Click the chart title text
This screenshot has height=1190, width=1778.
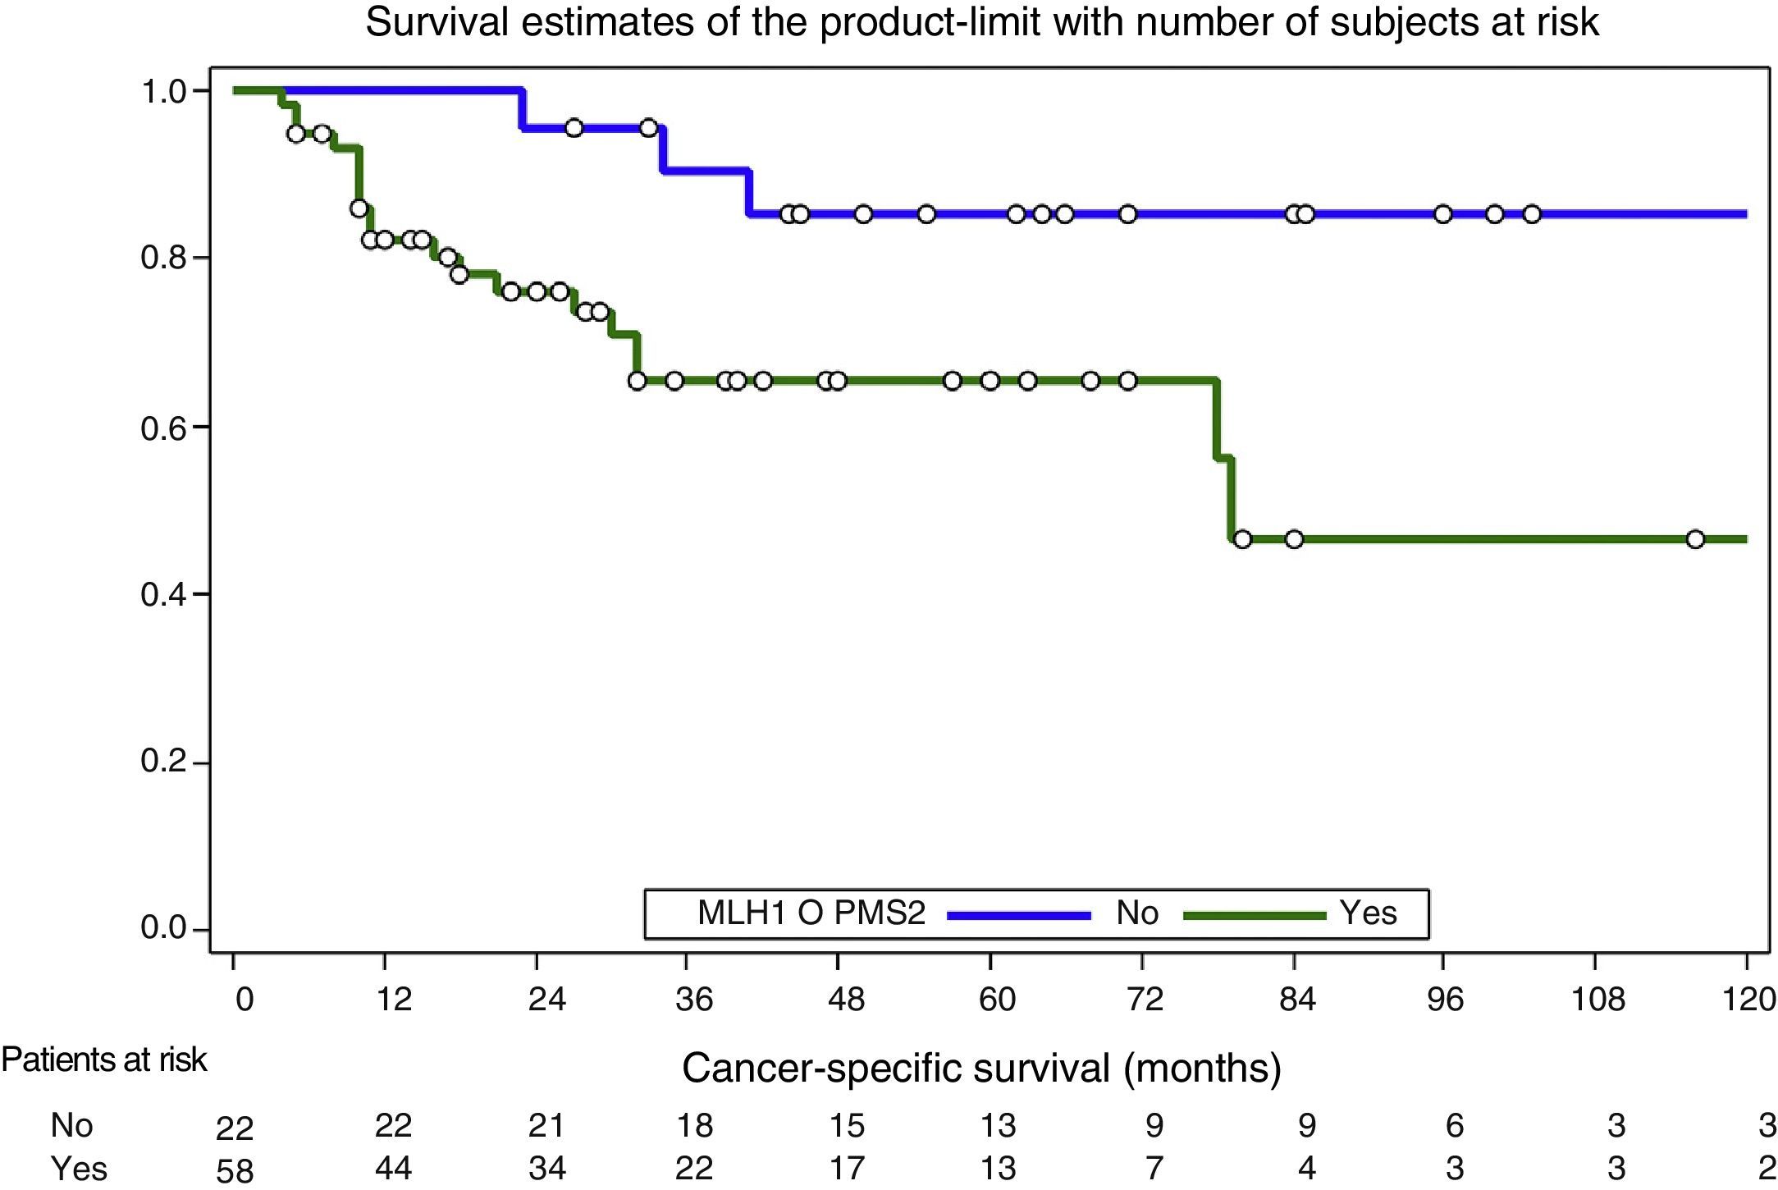pyautogui.click(x=981, y=22)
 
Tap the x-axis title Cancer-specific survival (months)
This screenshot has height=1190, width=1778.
pyautogui.click(x=981, y=1068)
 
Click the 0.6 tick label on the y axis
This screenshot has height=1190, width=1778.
pyautogui.click(x=164, y=428)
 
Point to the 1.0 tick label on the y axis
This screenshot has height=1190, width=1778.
pyautogui.click(x=164, y=91)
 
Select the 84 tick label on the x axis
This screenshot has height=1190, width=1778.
pyautogui.click(x=1297, y=999)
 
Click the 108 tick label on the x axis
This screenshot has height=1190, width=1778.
pyautogui.click(x=1597, y=999)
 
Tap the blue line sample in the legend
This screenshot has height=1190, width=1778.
pyautogui.click(x=1019, y=914)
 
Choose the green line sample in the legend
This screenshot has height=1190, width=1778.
pyautogui.click(x=1255, y=914)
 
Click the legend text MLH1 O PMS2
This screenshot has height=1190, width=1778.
pyautogui.click(x=811, y=913)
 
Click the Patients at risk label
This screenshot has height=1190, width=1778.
pyautogui.click(x=104, y=1060)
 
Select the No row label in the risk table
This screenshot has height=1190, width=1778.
pyautogui.click(x=71, y=1125)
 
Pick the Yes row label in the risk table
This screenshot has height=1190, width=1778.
pyautogui.click(x=79, y=1168)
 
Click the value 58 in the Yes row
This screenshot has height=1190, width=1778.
pyautogui.click(x=235, y=1170)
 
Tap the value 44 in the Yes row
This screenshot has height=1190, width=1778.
pyautogui.click(x=393, y=1168)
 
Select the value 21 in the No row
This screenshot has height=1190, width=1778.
pyautogui.click(x=546, y=1125)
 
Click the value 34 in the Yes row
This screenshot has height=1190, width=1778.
pyautogui.click(x=546, y=1168)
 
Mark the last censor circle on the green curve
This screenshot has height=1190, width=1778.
pyautogui.click(x=1695, y=539)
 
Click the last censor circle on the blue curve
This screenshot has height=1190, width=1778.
pyautogui.click(x=1532, y=214)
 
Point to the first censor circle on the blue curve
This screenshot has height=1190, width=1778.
pyautogui.click(x=574, y=128)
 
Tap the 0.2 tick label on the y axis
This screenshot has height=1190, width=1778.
pyautogui.click(x=164, y=761)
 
